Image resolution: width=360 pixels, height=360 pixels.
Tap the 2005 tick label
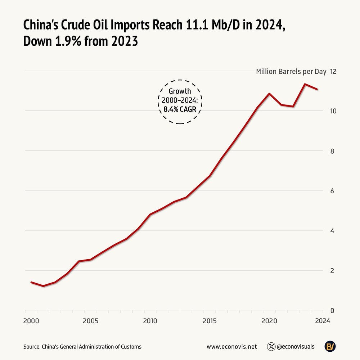point(90,321)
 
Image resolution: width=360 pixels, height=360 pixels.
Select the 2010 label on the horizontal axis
point(150,321)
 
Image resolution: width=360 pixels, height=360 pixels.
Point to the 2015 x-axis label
point(210,321)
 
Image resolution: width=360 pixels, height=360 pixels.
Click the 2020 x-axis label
point(269,321)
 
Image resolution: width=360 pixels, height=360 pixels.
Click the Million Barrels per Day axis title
point(291,71)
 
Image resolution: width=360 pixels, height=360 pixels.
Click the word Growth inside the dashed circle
point(180,91)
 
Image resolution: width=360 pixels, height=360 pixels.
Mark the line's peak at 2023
point(305,84)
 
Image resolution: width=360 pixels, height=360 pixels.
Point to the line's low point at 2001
point(43,286)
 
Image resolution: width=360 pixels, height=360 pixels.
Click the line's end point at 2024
point(317,89)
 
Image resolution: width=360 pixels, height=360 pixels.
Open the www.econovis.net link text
point(232,347)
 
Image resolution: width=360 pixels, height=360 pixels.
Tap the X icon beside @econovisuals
point(271,347)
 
